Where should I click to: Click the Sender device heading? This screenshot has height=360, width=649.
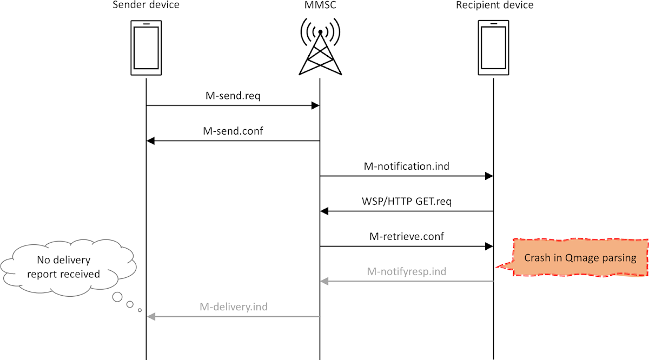(x=145, y=5)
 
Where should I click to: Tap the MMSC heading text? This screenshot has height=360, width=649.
(x=320, y=5)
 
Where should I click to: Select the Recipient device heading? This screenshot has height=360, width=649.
(x=494, y=5)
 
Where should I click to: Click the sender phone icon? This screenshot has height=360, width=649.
(x=146, y=48)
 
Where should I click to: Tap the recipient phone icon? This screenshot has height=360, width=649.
(x=494, y=48)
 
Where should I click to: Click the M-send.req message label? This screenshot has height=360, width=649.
(x=233, y=96)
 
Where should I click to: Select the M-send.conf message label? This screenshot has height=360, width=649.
(x=233, y=131)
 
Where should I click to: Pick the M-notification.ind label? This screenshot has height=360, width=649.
(x=407, y=166)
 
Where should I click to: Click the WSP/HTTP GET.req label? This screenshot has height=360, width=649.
(x=407, y=201)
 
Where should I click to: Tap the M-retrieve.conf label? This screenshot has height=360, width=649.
(x=407, y=236)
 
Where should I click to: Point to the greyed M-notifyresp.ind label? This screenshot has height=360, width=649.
(x=407, y=271)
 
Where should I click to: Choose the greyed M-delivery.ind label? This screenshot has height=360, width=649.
(x=233, y=306)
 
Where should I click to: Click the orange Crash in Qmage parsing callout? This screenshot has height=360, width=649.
(x=580, y=257)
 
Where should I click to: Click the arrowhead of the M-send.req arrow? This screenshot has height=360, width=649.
(x=315, y=106)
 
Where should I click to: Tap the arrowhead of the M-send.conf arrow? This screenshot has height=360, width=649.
(x=151, y=141)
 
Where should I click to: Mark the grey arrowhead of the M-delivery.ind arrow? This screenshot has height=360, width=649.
(x=151, y=317)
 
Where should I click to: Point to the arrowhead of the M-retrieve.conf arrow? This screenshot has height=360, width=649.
(x=489, y=246)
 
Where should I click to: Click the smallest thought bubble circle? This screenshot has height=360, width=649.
(x=140, y=310)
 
